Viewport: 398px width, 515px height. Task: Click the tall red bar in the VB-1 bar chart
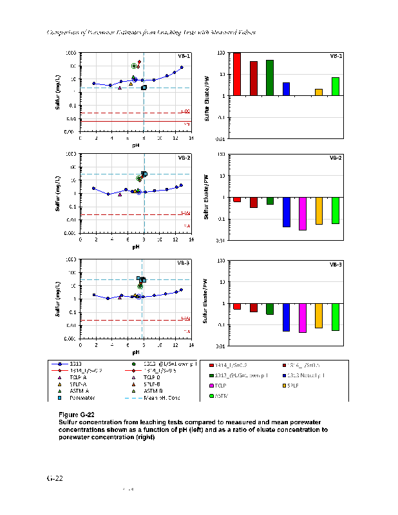click(236, 74)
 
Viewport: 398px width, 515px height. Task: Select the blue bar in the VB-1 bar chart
click(286, 89)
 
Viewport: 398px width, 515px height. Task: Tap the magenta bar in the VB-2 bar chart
click(302, 213)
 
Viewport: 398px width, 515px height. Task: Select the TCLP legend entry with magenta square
click(229, 384)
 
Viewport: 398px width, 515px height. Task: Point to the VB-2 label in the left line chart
click(184, 158)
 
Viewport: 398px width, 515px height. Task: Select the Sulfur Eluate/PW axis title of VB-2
click(207, 197)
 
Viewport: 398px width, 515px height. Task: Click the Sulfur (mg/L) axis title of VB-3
click(57, 300)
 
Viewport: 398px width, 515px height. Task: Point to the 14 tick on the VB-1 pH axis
click(191, 137)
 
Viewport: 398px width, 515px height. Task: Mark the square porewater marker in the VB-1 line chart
click(144, 88)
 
